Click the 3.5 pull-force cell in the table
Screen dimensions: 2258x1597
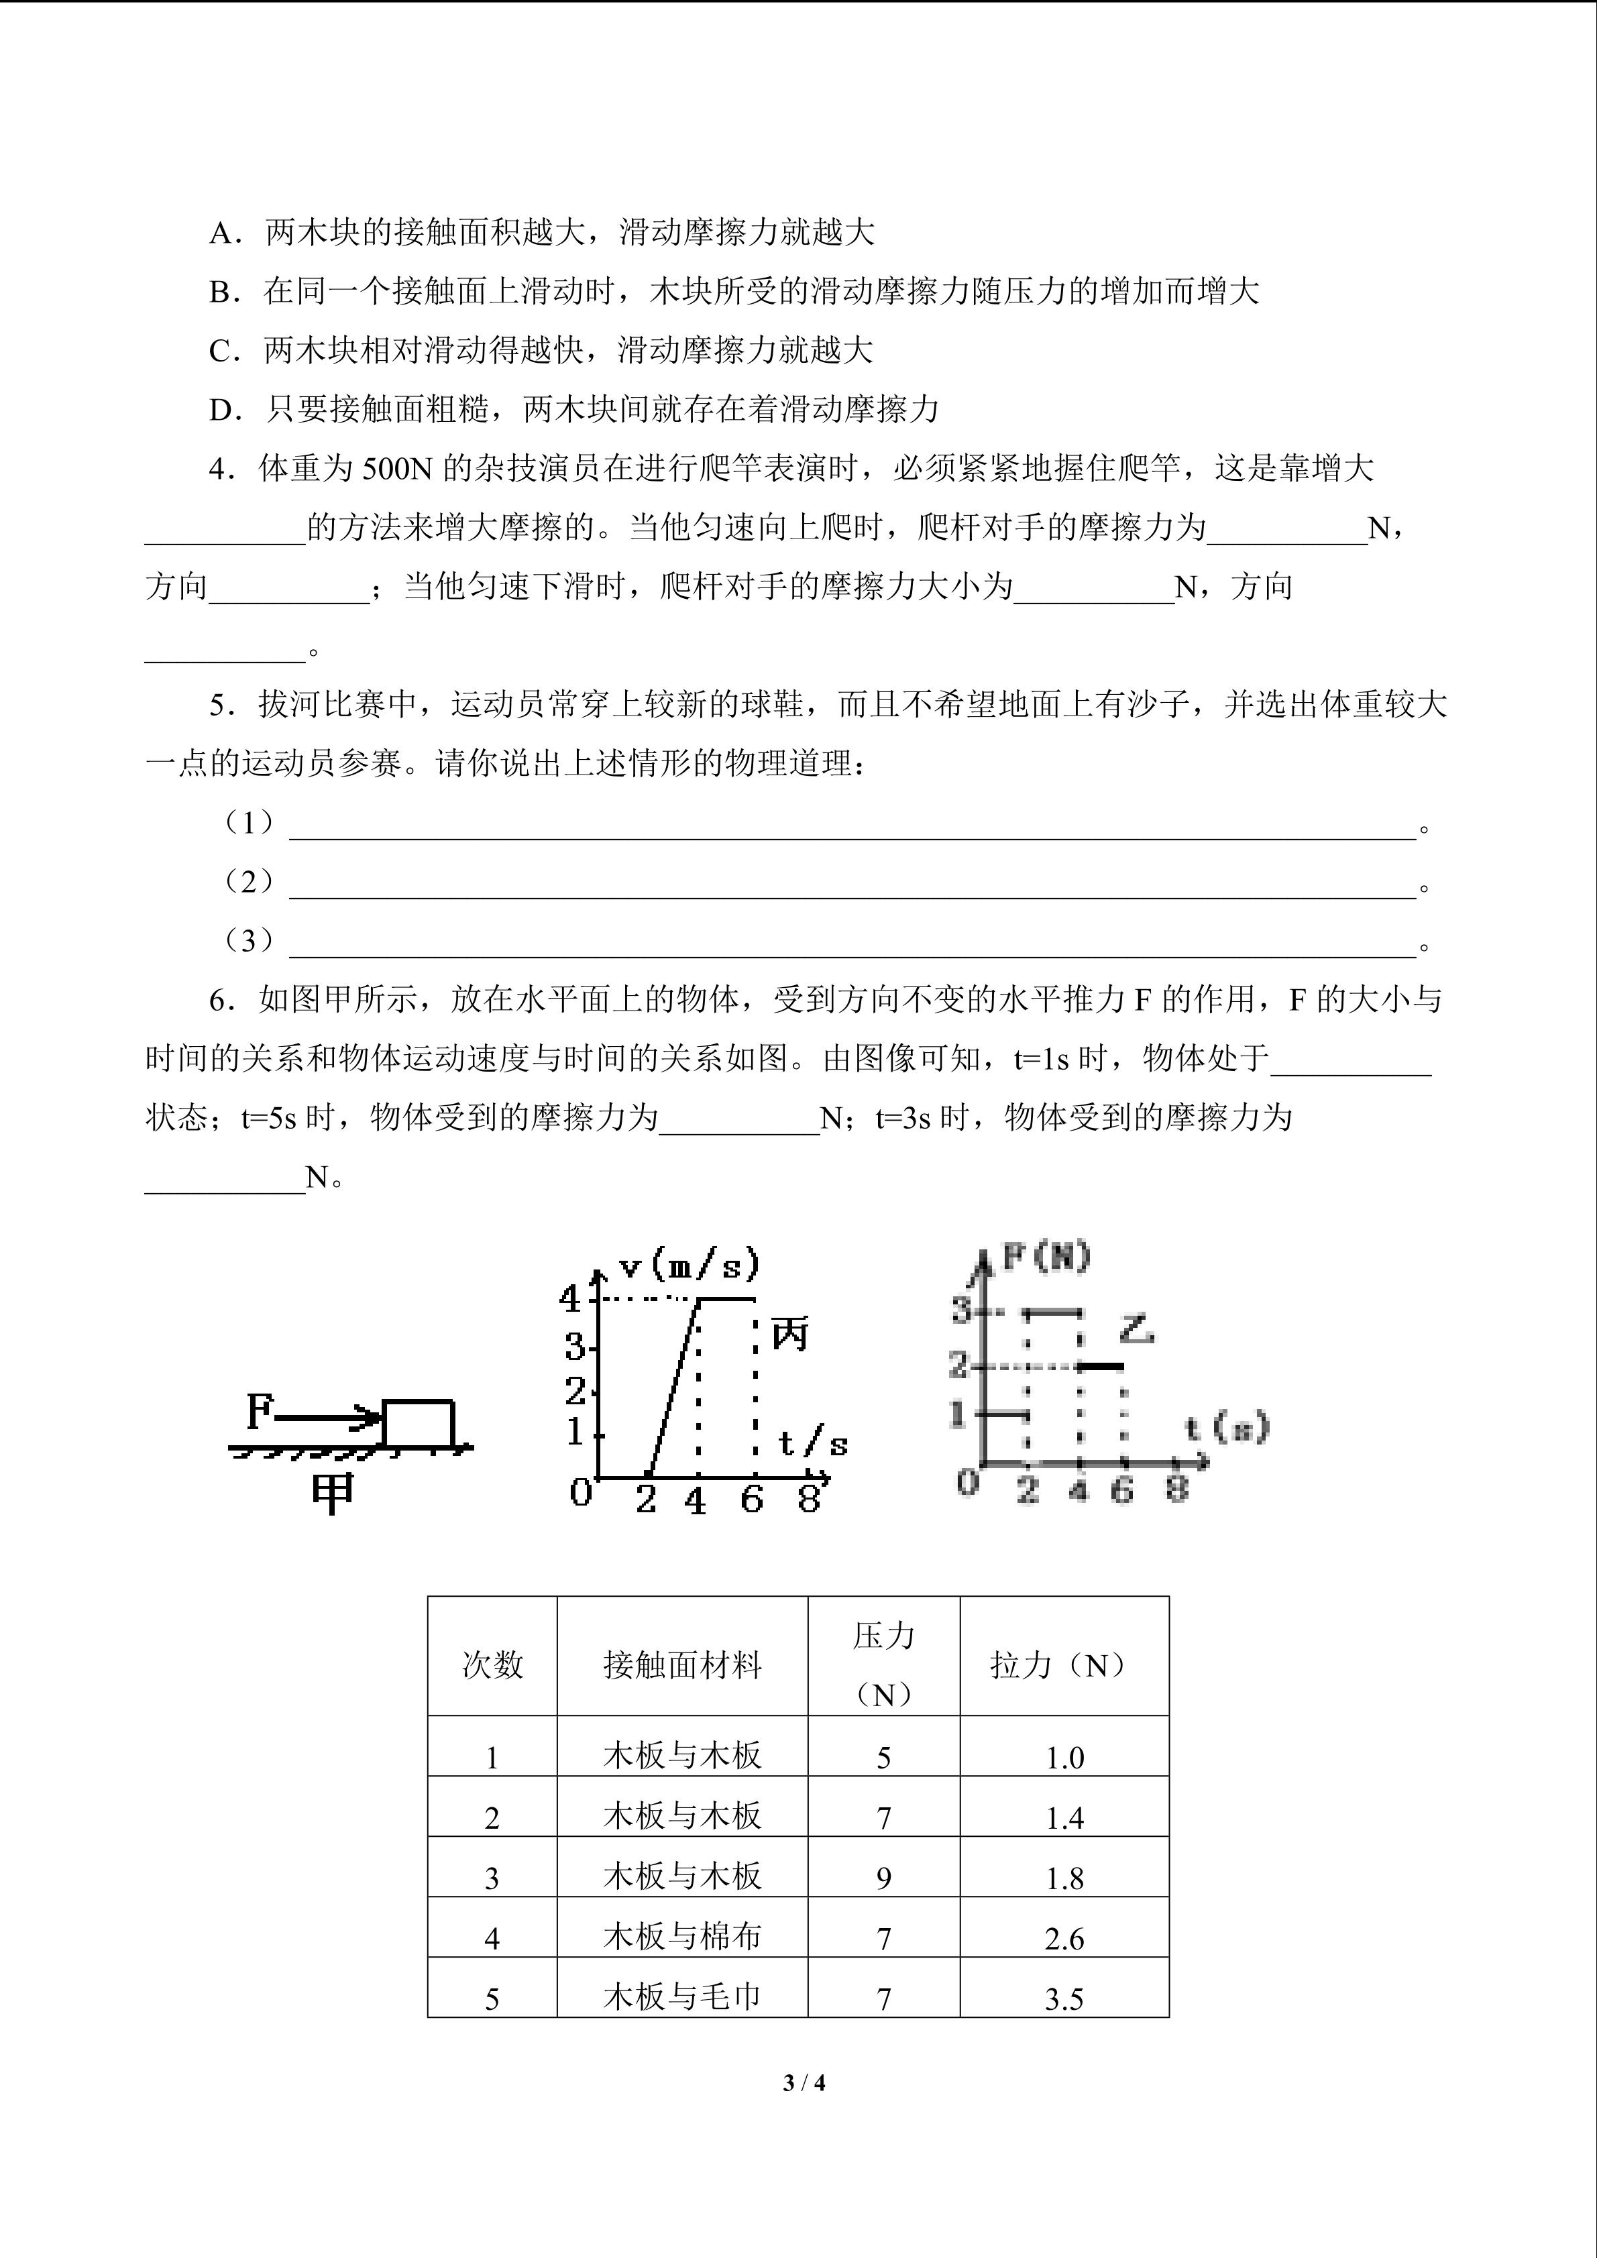[x=1064, y=1999]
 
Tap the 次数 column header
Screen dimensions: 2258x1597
[x=492, y=1665]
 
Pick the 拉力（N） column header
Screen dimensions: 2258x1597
[x=1063, y=1665]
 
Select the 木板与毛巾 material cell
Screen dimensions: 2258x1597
[x=681, y=1997]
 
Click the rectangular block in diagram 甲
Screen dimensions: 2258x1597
[x=418, y=1423]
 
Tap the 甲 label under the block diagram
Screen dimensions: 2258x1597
[x=333, y=1495]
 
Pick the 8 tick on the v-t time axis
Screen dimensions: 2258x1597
[x=808, y=1499]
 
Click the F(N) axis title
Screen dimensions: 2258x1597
[x=1046, y=1256]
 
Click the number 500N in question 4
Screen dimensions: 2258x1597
[x=397, y=469]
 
